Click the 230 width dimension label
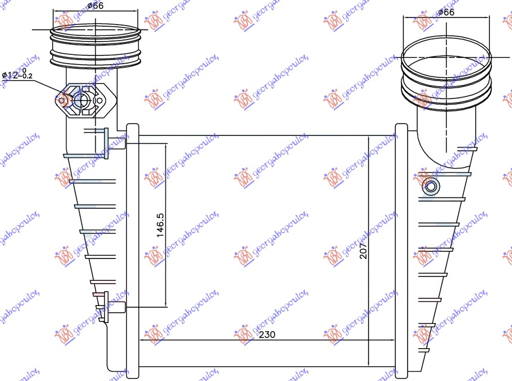267,334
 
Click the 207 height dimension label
364,251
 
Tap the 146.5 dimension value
160,225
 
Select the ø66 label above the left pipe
96,6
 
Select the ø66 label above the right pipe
446,12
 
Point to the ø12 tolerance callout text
17,74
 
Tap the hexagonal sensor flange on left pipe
86,100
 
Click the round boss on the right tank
431,187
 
